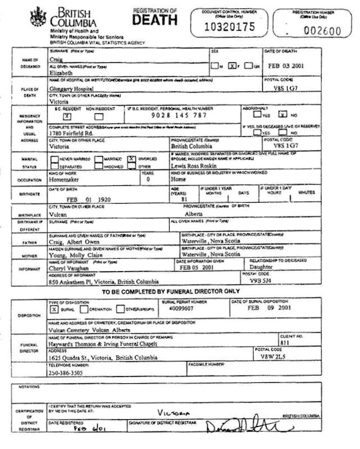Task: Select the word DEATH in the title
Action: coord(155,20)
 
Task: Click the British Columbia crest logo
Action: coord(38,16)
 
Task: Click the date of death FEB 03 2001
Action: coord(286,64)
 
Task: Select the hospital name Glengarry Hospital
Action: coord(71,89)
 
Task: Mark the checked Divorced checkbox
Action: coord(131,158)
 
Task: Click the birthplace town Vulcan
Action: coord(58,214)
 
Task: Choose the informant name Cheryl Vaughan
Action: coord(70,269)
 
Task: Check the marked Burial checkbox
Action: coord(54,309)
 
